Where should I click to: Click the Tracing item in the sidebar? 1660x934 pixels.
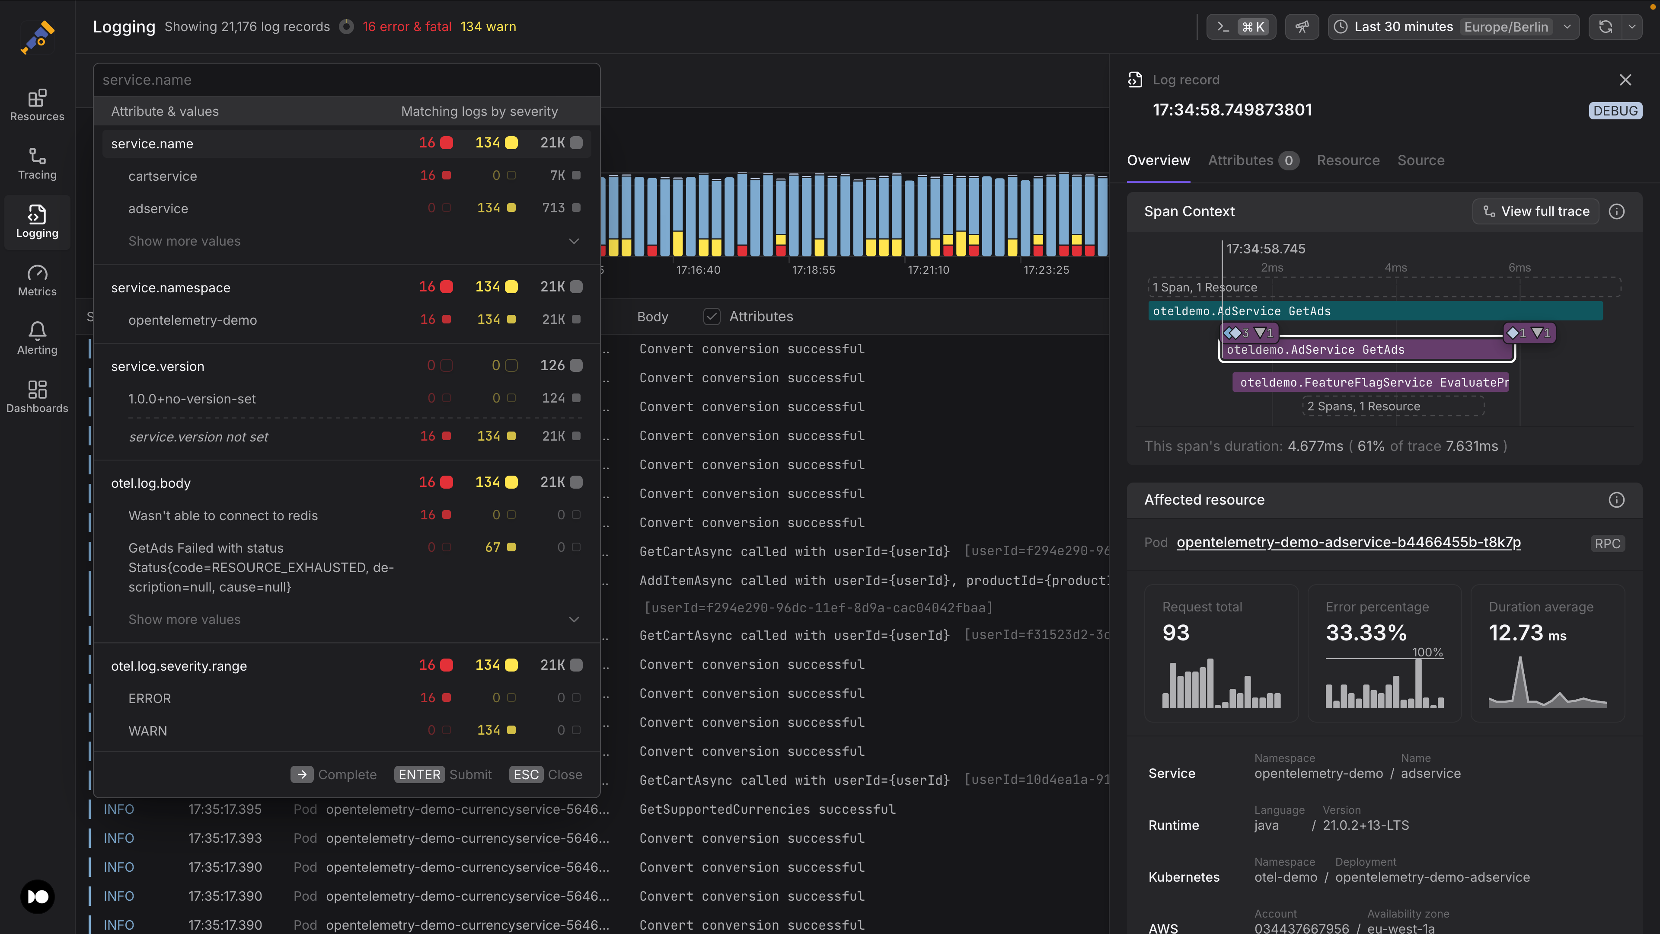click(37, 164)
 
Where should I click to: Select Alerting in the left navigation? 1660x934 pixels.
click(37, 339)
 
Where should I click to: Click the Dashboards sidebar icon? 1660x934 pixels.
click(37, 397)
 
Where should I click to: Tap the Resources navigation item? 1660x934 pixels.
click(37, 105)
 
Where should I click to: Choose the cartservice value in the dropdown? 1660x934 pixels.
click(163, 176)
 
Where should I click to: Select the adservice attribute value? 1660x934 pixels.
click(158, 208)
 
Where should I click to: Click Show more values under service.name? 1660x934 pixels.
click(184, 241)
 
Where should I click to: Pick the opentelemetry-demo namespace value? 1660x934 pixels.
click(192, 320)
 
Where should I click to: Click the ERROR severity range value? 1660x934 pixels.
click(150, 698)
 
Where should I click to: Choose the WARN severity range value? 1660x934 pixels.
click(147, 730)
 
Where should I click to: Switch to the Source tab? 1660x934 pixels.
click(1420, 160)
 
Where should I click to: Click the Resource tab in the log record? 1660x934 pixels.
click(1347, 160)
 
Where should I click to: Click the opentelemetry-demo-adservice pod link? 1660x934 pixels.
click(1348, 542)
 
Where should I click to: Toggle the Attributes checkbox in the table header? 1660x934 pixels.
click(712, 317)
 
